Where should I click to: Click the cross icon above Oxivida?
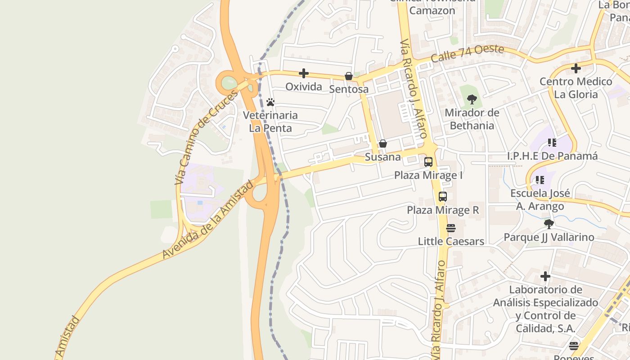coord(304,73)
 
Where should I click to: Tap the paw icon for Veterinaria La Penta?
coord(270,102)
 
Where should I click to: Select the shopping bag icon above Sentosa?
coord(349,76)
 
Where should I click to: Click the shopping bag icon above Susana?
coord(383,144)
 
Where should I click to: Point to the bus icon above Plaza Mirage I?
coord(428,162)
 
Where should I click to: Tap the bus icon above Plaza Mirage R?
coord(443,197)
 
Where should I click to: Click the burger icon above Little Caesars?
coord(451,228)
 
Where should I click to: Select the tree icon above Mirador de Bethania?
coord(472,99)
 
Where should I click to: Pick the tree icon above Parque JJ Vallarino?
coord(549,224)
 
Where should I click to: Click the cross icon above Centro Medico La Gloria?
coord(576,69)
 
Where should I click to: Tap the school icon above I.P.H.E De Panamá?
coord(552,143)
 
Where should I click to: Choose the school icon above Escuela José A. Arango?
coord(540,180)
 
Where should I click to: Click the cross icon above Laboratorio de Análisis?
coord(545,276)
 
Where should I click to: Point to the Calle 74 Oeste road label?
coord(467,54)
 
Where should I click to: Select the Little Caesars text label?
coord(451,241)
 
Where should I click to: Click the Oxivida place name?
coord(304,86)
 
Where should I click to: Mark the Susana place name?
coord(383,157)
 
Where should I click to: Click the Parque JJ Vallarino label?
coord(549,237)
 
